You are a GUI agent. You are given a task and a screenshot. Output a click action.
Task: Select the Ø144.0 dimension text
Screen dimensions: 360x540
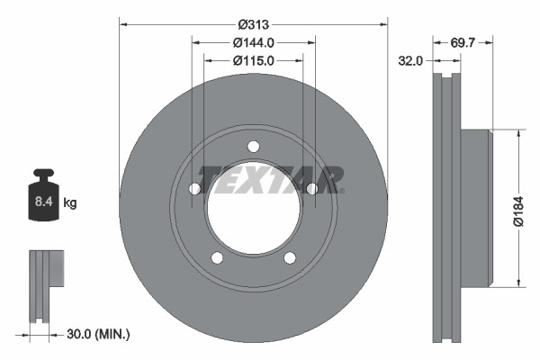pos(253,42)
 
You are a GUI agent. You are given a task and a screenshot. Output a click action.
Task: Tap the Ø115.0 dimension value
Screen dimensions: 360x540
pos(253,60)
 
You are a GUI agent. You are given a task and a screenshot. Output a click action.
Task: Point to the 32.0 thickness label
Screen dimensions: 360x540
pos(411,61)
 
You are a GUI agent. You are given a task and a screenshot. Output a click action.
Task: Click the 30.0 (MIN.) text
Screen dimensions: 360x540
pos(99,334)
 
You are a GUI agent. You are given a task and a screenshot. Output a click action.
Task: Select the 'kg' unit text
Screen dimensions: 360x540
pos(70,203)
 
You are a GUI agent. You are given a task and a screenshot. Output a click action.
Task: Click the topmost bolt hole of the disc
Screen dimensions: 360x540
pos(253,147)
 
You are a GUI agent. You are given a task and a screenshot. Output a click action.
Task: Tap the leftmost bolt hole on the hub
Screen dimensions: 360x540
pos(194,189)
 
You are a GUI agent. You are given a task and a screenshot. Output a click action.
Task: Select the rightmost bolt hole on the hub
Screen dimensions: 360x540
pos(311,189)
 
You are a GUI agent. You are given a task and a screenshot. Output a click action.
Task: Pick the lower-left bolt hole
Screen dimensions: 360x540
pos(217,258)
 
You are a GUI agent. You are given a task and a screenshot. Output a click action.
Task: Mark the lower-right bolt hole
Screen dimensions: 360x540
pos(289,258)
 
